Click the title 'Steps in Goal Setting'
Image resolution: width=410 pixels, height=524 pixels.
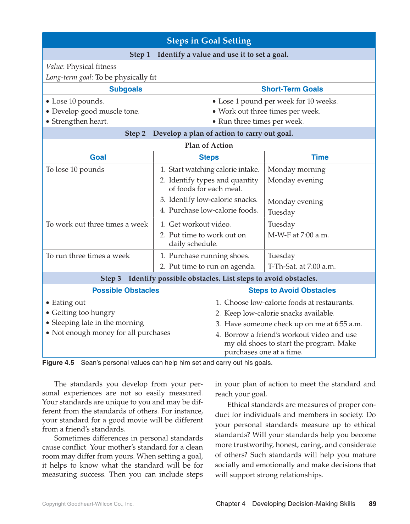point(209,41)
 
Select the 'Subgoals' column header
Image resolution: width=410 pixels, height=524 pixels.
point(126,89)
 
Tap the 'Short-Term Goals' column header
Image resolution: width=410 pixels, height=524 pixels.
point(292,89)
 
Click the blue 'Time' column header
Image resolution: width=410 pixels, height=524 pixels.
point(320,157)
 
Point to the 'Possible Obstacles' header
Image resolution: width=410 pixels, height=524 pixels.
point(126,291)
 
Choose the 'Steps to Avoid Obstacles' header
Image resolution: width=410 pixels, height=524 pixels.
point(292,291)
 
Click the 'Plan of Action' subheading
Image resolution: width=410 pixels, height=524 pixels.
point(209,145)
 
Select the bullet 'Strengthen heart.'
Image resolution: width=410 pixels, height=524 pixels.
point(79,122)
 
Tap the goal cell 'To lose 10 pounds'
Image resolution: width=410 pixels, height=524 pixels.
point(75,169)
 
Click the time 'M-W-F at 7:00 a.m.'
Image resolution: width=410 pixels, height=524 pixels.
point(298,235)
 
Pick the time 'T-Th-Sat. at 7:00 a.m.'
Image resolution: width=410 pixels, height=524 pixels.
point(301,266)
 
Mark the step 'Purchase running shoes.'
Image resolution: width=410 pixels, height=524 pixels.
point(209,256)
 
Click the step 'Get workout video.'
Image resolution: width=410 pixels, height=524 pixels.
point(200,224)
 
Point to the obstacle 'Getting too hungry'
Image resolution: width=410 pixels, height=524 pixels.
point(83,312)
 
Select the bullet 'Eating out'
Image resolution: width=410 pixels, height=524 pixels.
point(68,303)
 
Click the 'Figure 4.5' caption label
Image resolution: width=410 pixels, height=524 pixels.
point(58,363)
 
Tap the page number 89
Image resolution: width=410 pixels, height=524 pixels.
point(372,504)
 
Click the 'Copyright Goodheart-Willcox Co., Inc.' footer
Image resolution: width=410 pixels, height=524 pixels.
point(88,504)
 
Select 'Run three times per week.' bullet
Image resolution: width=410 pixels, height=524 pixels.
point(261,122)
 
